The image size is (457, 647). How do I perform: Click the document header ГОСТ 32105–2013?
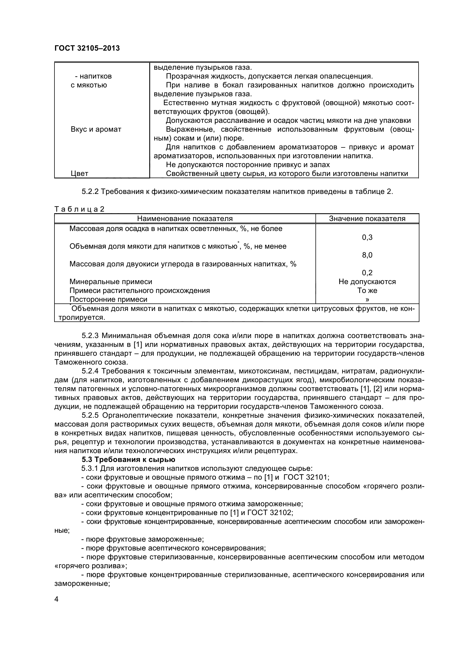(87, 48)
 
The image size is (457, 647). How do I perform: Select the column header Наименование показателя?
(185, 219)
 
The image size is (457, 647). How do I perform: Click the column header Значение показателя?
(367, 219)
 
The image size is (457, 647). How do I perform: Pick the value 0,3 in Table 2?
(367, 238)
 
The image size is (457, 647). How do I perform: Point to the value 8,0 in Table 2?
(367, 255)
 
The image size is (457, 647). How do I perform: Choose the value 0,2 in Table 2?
(367, 273)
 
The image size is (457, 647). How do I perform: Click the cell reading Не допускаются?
(367, 282)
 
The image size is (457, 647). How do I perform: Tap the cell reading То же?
(367, 290)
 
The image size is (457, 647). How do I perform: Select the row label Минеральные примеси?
(111, 282)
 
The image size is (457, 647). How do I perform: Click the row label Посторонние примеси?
(108, 300)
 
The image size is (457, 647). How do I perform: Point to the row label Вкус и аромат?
(96, 130)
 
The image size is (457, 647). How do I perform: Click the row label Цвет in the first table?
(79, 174)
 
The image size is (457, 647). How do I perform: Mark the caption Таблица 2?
(79, 209)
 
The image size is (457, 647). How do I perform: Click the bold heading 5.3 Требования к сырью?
(128, 460)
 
